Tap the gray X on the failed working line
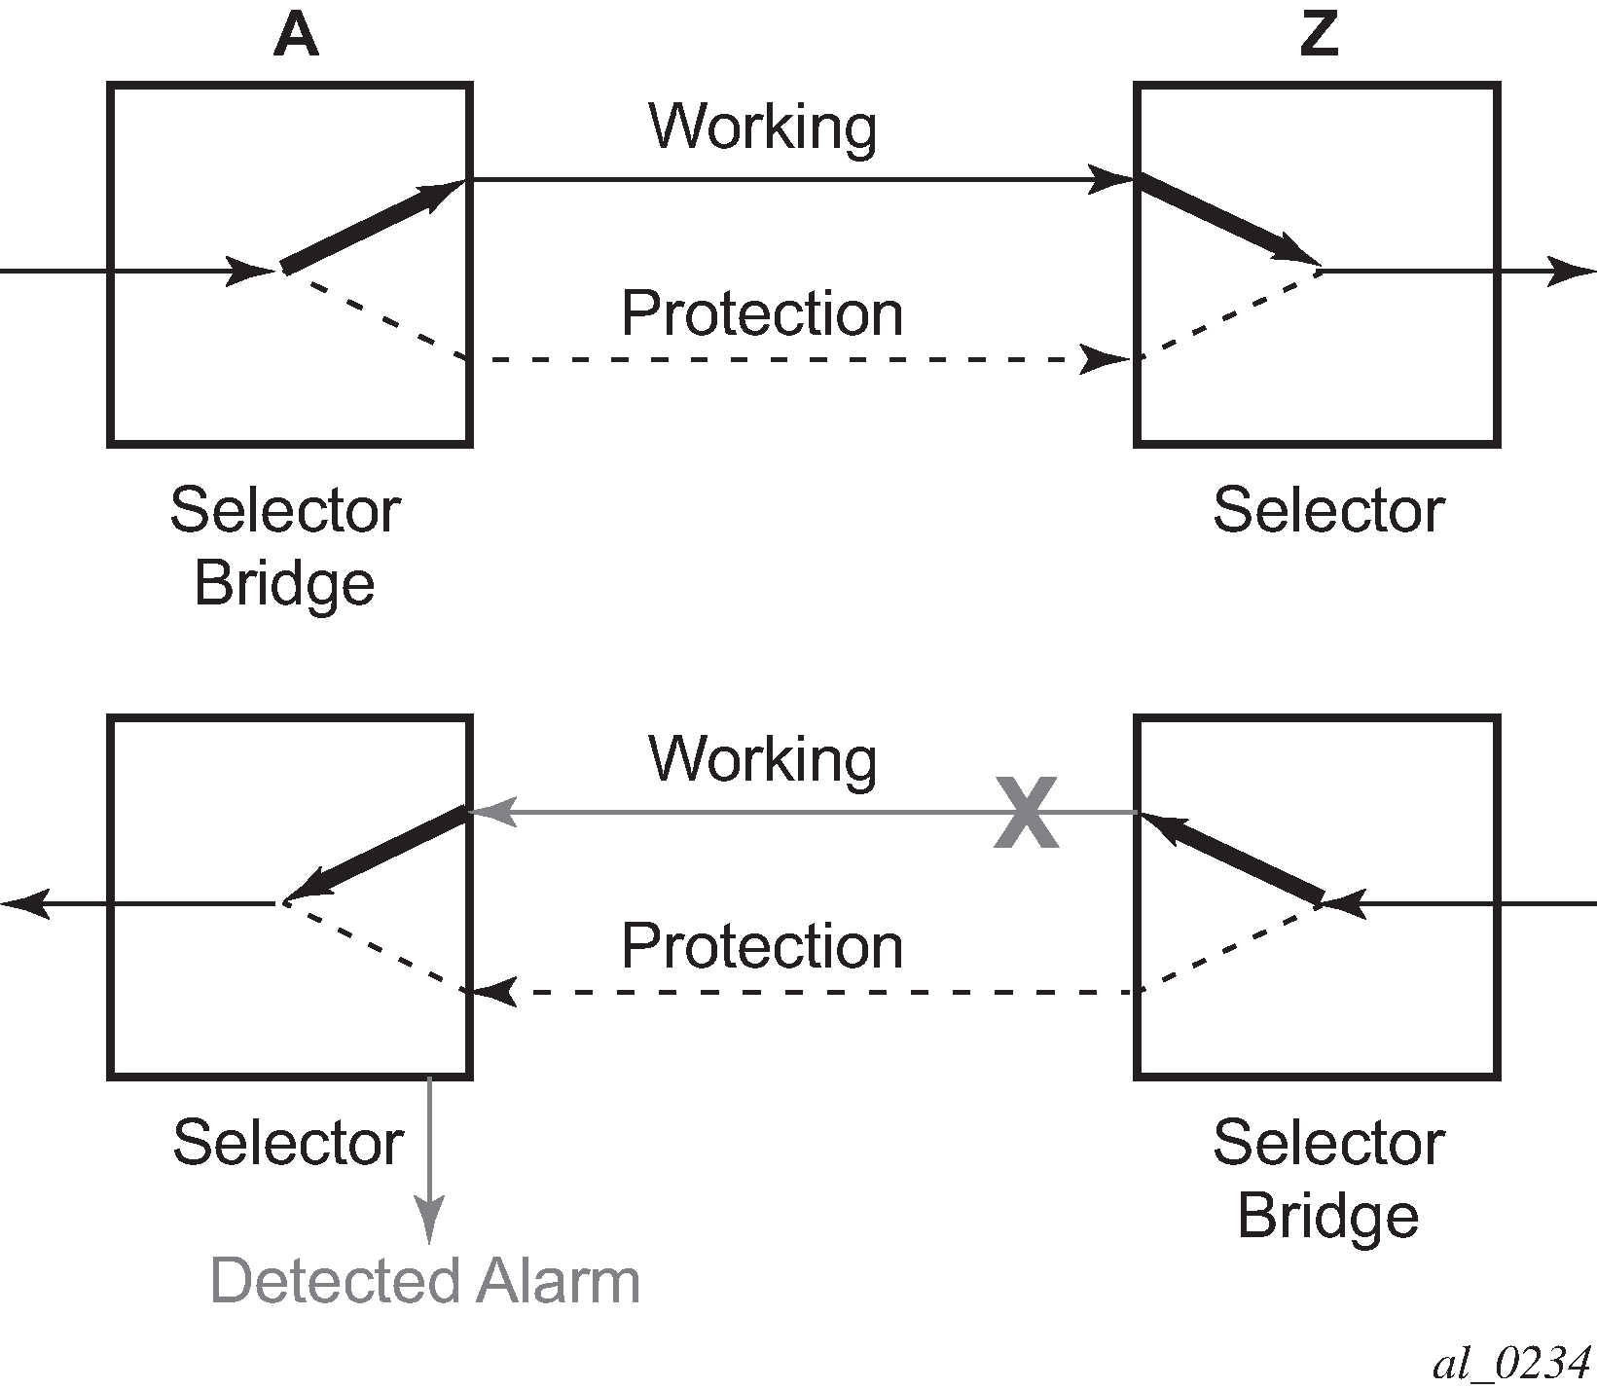pos(1027,813)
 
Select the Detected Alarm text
pos(425,1281)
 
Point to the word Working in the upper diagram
pos(763,127)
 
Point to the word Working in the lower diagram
pos(763,759)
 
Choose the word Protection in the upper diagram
pos(762,313)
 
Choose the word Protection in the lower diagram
pos(762,946)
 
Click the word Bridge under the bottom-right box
pos(1327,1215)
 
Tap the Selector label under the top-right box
pos(1327,510)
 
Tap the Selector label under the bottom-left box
pos(288,1142)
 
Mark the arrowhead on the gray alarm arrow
pos(429,1223)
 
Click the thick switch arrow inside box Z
pos(1228,221)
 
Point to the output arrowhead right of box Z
pos(1572,272)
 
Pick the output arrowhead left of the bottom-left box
pos(23,904)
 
